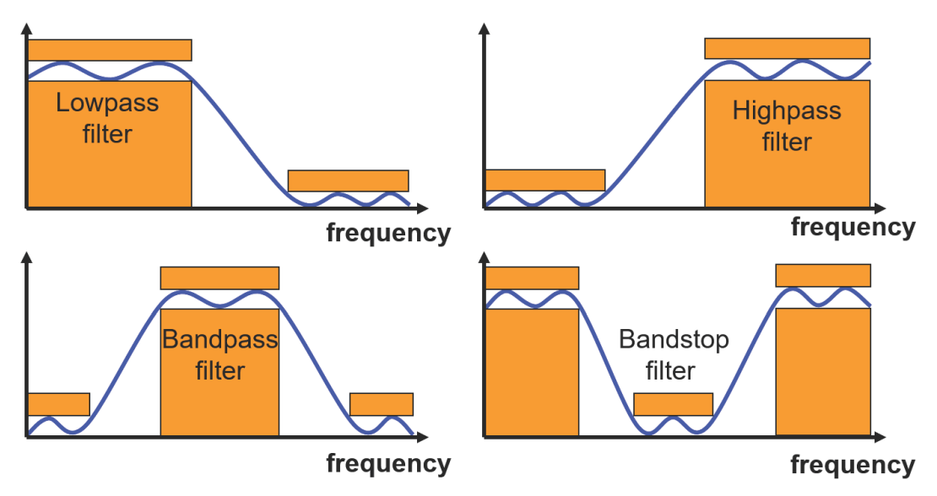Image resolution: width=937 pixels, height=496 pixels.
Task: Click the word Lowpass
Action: [107, 104]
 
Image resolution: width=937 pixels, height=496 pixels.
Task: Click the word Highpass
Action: [787, 111]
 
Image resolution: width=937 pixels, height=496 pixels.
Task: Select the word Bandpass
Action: [219, 340]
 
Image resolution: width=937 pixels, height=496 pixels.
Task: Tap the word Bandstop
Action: [673, 340]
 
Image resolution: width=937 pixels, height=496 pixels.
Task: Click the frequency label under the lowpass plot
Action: [388, 233]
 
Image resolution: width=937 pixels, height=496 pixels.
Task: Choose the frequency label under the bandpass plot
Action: [388, 463]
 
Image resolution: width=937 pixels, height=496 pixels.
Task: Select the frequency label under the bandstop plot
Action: [853, 465]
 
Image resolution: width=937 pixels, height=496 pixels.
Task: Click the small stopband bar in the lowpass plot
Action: [348, 181]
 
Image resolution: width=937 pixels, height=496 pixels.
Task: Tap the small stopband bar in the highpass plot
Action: [545, 180]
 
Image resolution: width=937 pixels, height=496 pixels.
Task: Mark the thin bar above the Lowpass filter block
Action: [110, 50]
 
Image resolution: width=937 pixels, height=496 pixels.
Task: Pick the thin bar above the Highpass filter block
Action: [787, 48]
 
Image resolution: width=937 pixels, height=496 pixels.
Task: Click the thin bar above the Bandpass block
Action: [219, 278]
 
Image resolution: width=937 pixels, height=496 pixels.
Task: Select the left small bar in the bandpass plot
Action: [58, 404]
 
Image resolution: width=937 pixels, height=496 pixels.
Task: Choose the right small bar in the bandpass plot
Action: [382, 404]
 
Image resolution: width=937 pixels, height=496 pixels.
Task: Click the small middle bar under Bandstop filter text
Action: [673, 404]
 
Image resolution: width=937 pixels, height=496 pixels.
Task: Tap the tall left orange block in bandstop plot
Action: [532, 372]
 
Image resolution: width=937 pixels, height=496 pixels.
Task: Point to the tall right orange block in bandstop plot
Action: [822, 372]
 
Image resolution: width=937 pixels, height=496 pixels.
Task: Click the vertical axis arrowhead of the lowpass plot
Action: [27, 28]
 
